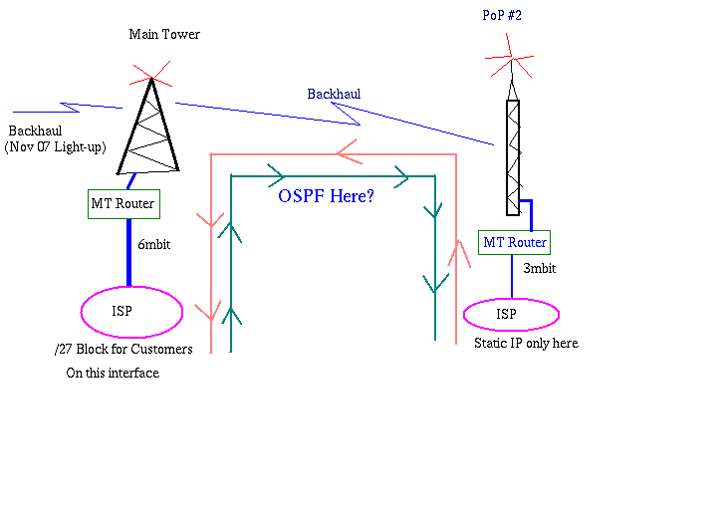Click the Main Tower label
pyautogui.click(x=164, y=35)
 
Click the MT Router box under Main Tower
pyautogui.click(x=123, y=204)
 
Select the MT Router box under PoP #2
pyautogui.click(x=513, y=242)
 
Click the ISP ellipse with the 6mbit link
pyautogui.click(x=132, y=312)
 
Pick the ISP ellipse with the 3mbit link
pyautogui.click(x=511, y=315)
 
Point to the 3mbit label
pyautogui.click(x=539, y=269)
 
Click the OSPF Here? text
pyautogui.click(x=326, y=196)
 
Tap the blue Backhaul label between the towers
pyautogui.click(x=334, y=94)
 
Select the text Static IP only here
pyautogui.click(x=526, y=344)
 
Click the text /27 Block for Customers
pyautogui.click(x=123, y=349)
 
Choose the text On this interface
pyautogui.click(x=113, y=374)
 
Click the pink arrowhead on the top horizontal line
pyautogui.click(x=348, y=153)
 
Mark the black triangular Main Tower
pyautogui.click(x=149, y=129)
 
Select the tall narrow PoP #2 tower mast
pyautogui.click(x=512, y=157)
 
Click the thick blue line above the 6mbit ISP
pyautogui.click(x=128, y=254)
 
